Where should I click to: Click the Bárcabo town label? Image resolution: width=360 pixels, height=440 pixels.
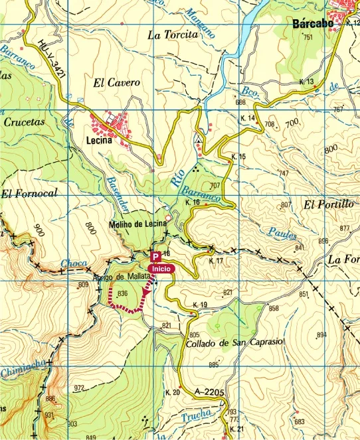tap(313, 24)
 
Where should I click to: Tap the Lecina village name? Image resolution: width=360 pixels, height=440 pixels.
tap(102, 141)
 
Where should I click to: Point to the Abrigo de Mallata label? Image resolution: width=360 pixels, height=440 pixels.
tap(124, 277)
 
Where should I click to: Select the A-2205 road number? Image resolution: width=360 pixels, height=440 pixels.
tap(211, 393)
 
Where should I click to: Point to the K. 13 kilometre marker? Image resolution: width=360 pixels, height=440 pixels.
tap(306, 82)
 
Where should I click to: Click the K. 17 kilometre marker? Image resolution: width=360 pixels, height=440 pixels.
tap(216, 261)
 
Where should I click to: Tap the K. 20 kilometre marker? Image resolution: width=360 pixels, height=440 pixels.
tap(172, 393)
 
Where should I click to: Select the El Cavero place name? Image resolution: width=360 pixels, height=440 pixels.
tap(116, 83)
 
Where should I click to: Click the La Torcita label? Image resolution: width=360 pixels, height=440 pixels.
tap(173, 34)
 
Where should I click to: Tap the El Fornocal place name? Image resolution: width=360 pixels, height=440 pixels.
tap(29, 194)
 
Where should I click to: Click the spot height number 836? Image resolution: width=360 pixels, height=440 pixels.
tap(122, 293)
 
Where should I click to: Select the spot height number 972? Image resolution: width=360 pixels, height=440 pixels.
tap(80, 388)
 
